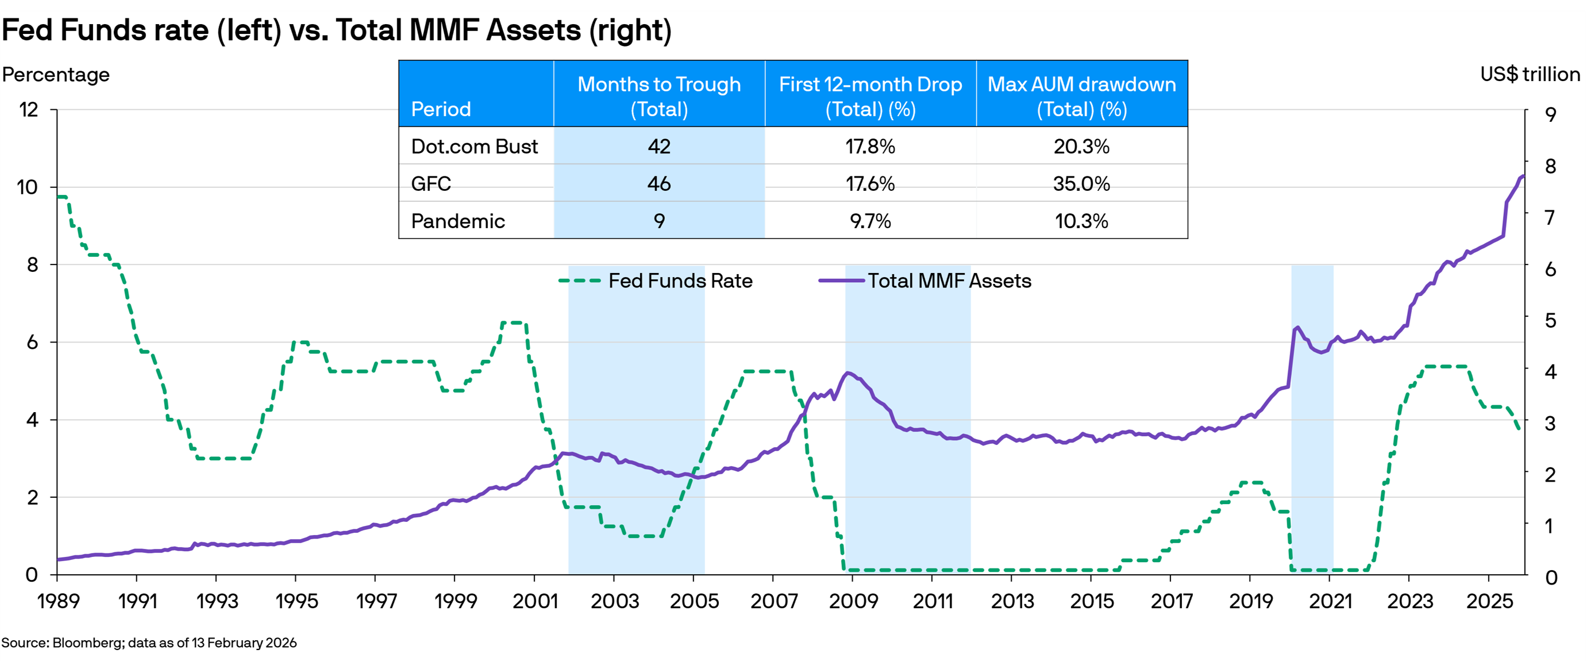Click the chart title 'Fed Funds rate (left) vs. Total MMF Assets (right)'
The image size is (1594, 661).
336,30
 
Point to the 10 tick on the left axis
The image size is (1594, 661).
27,187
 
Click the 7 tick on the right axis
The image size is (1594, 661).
1550,217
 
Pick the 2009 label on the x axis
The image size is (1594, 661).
853,601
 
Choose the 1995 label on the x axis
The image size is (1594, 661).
297,601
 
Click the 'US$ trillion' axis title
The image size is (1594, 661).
1530,74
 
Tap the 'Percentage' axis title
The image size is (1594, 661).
56,74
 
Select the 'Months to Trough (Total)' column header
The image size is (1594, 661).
659,96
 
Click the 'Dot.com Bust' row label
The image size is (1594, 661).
475,146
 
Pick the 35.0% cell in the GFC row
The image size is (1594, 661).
1081,184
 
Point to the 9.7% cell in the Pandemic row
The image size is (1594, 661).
870,221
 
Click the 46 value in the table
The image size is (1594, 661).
659,184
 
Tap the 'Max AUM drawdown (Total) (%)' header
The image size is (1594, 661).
1081,96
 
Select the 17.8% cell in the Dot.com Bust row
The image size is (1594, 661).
870,146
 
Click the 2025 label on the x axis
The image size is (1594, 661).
1489,601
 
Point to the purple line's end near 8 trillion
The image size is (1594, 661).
1523,176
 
